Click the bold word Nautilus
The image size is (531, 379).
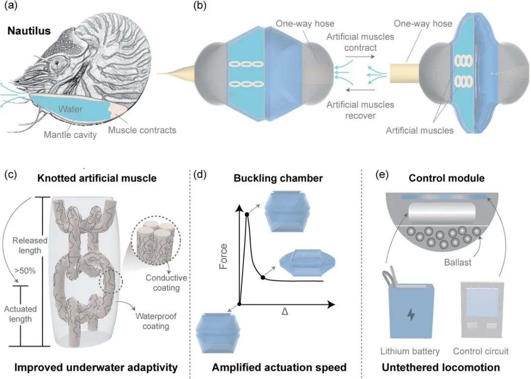[x=29, y=31]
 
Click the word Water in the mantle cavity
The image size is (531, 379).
[x=70, y=109]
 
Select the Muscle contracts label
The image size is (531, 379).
[x=142, y=130]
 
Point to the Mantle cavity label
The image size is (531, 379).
[x=70, y=134]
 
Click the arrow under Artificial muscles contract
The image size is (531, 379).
[x=360, y=57]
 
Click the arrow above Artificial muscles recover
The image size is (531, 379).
[x=360, y=90]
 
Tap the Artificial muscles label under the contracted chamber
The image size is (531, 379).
[x=419, y=130]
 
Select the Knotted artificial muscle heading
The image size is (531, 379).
[x=97, y=178]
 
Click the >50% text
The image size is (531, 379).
[x=25, y=271]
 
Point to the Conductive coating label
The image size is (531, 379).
[x=166, y=283]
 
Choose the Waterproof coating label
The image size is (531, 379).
[x=156, y=321]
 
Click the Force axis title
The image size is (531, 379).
[x=223, y=256]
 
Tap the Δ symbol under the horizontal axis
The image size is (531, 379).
[x=285, y=311]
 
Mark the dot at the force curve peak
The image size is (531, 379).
[x=247, y=214]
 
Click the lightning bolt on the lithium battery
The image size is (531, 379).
[x=411, y=315]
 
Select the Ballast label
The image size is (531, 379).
[x=458, y=262]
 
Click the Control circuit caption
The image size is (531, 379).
[x=481, y=351]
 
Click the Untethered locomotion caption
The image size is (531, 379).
[x=441, y=368]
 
